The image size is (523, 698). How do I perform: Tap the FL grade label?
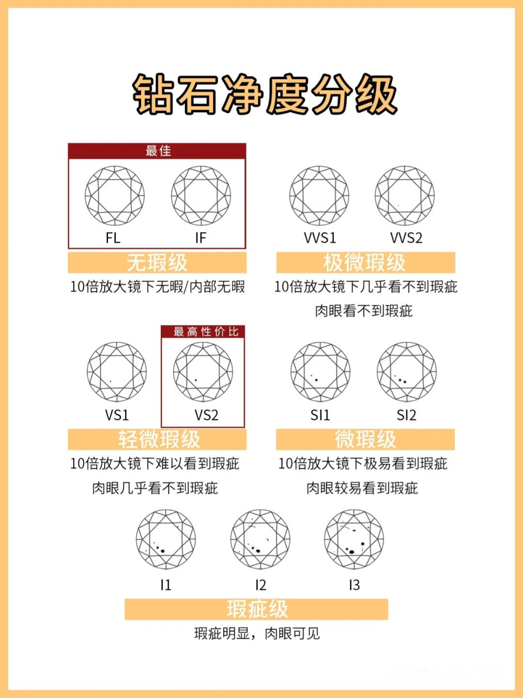(x=113, y=238)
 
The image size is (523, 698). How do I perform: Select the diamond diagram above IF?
(x=201, y=196)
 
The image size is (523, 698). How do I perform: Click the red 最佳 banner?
(x=157, y=151)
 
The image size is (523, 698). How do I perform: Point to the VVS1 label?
(x=320, y=238)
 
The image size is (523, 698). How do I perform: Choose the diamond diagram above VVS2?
(x=405, y=196)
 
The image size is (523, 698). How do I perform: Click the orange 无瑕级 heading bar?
(x=157, y=263)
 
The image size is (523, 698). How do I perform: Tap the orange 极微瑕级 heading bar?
(x=365, y=263)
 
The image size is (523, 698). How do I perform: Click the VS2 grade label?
(x=206, y=415)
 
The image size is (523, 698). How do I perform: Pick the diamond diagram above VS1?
(x=117, y=372)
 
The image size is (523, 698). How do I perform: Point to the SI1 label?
(x=320, y=415)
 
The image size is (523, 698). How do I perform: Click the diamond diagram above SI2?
(x=407, y=372)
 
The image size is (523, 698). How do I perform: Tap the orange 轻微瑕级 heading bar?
(x=157, y=440)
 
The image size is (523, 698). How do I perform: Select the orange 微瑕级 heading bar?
(x=365, y=440)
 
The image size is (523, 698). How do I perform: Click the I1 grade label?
(x=166, y=586)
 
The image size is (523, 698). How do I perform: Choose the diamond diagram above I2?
(x=261, y=539)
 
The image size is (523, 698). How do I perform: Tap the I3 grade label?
(x=354, y=586)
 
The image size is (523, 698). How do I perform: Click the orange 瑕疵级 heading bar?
(x=256, y=609)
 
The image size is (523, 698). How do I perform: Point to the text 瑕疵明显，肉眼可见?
(x=257, y=634)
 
